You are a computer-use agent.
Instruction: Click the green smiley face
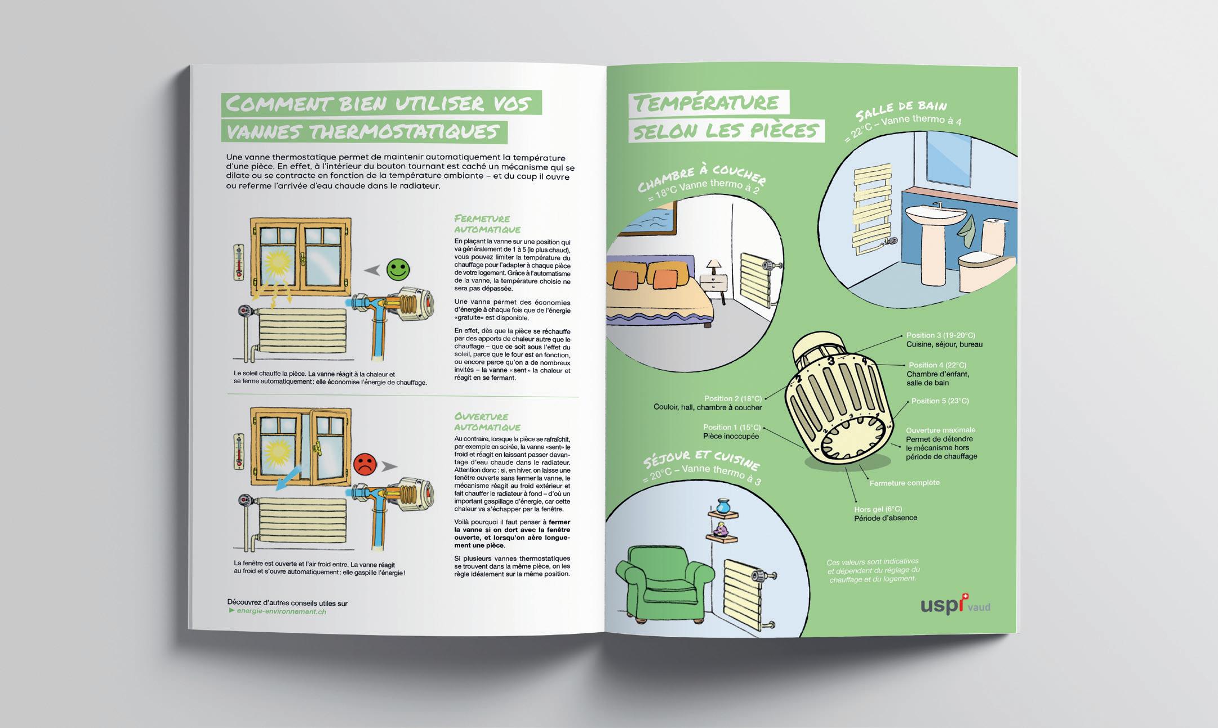pyautogui.click(x=398, y=269)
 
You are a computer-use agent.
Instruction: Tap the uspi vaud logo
pyautogui.click(x=955, y=606)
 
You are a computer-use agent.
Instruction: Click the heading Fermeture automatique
pyautogui.click(x=487, y=224)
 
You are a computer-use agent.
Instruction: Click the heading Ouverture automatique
pyautogui.click(x=487, y=421)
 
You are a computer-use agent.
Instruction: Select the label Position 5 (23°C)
pyautogui.click(x=940, y=401)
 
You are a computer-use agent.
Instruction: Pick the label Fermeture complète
pyautogui.click(x=904, y=483)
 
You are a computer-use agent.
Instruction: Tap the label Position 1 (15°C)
pyautogui.click(x=731, y=428)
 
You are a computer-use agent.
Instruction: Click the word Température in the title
pyautogui.click(x=706, y=103)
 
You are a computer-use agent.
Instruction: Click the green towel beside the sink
pyautogui.click(x=967, y=229)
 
